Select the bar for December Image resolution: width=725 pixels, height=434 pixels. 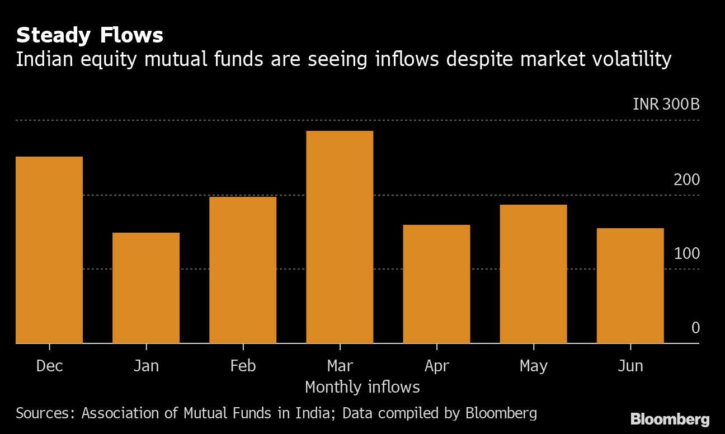[x=49, y=250]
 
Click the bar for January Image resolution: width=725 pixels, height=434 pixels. [x=146, y=288]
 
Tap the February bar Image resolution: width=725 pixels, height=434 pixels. [x=243, y=270]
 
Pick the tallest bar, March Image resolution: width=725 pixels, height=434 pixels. [x=340, y=237]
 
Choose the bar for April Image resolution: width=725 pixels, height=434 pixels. [x=436, y=284]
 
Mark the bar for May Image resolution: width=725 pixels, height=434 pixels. [x=533, y=274]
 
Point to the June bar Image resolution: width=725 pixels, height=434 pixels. [x=630, y=286]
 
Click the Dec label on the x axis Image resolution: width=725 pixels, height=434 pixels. [x=49, y=366]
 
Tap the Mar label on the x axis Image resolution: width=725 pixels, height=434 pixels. [x=340, y=366]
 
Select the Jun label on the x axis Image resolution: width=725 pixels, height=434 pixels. [x=630, y=366]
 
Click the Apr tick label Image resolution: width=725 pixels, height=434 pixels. [x=436, y=366]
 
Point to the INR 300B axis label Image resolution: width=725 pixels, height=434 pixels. [x=666, y=105]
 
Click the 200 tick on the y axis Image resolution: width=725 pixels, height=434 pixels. [x=686, y=180]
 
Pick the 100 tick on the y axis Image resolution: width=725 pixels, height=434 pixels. [x=686, y=253]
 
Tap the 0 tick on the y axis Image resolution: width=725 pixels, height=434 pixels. [x=695, y=328]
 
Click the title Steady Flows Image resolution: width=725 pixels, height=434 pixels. [x=90, y=35]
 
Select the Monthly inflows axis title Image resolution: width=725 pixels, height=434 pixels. [x=362, y=386]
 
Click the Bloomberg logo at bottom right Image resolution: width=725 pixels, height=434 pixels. [x=670, y=419]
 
